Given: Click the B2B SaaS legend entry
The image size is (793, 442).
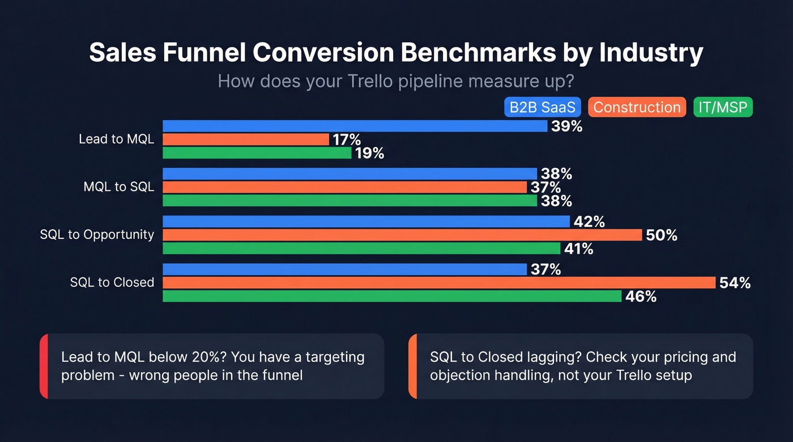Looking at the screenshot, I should pyautogui.click(x=542, y=108).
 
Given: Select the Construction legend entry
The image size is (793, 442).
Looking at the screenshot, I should pyautogui.click(x=637, y=108).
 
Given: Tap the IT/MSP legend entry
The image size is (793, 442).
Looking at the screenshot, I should pyautogui.click(x=723, y=108).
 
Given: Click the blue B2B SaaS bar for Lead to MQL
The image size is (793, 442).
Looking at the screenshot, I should pyautogui.click(x=355, y=126).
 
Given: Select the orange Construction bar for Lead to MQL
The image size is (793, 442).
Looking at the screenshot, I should pyautogui.click(x=245, y=139).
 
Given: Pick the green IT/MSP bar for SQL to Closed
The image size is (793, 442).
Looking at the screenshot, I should pyautogui.click(x=392, y=296).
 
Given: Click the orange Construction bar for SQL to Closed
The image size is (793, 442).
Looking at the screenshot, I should pyautogui.click(x=439, y=282).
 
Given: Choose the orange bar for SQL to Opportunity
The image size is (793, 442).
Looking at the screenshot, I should pyautogui.click(x=402, y=235).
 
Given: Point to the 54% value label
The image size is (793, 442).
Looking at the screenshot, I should pyautogui.click(x=735, y=283).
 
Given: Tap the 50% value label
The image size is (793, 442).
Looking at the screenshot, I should pyautogui.click(x=661, y=235).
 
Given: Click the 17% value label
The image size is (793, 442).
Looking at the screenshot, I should pyautogui.click(x=347, y=140).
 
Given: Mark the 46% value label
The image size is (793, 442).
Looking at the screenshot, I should pyautogui.click(x=641, y=297).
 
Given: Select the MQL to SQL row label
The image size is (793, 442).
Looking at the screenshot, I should pyautogui.click(x=118, y=187).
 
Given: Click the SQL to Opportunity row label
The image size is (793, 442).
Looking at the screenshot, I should pyautogui.click(x=97, y=234).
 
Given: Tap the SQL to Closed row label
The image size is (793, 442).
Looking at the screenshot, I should pyautogui.click(x=112, y=282).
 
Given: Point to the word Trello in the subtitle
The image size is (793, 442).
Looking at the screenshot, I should pyautogui.click(x=369, y=81).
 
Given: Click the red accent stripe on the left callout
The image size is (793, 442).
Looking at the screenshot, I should pyautogui.click(x=43, y=366).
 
